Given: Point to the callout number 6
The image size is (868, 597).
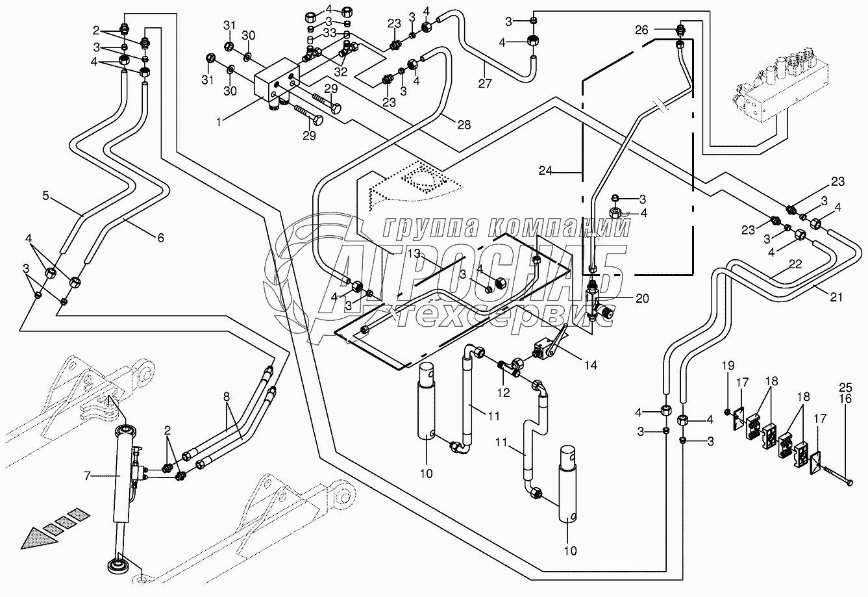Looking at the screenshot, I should tap(160, 238).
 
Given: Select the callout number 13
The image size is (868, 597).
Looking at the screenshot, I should tap(414, 252).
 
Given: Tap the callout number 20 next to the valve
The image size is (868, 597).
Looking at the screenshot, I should tap(642, 298).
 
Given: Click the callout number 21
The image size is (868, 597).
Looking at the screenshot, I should tap(836, 297).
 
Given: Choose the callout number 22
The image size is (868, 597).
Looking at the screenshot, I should tap(795, 264).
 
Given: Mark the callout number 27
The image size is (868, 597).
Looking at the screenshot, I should tap(485, 83).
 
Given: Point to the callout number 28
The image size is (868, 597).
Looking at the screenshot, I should tap(464, 124).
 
